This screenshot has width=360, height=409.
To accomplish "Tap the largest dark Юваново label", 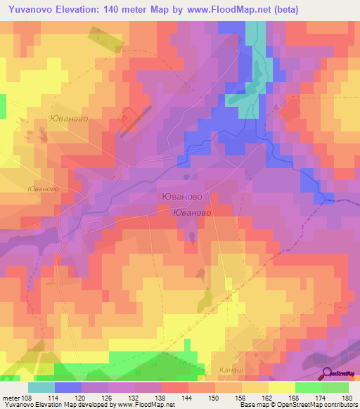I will click(182, 198).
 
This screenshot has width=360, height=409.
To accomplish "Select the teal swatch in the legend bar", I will click(41, 387).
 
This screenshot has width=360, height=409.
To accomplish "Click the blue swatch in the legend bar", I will click(68, 387).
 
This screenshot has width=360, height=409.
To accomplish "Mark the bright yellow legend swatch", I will click(281, 387).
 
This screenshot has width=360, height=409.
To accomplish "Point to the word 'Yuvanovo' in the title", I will click(30, 9).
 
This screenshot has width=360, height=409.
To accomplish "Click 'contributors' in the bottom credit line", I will click(340, 405).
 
